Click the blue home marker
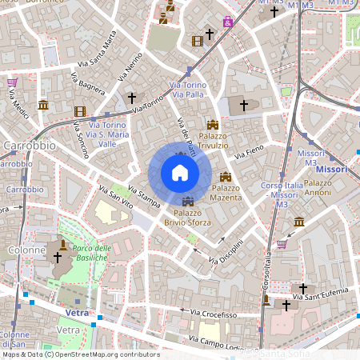179,173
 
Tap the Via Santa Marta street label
98,50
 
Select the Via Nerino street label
130,66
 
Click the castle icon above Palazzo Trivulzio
213,125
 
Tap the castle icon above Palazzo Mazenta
226,176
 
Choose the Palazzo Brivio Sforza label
188,217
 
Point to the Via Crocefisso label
214,314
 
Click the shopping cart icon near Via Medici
13,82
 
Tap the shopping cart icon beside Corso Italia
282,244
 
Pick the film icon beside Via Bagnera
79,111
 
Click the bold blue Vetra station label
77,312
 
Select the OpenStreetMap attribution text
81,354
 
